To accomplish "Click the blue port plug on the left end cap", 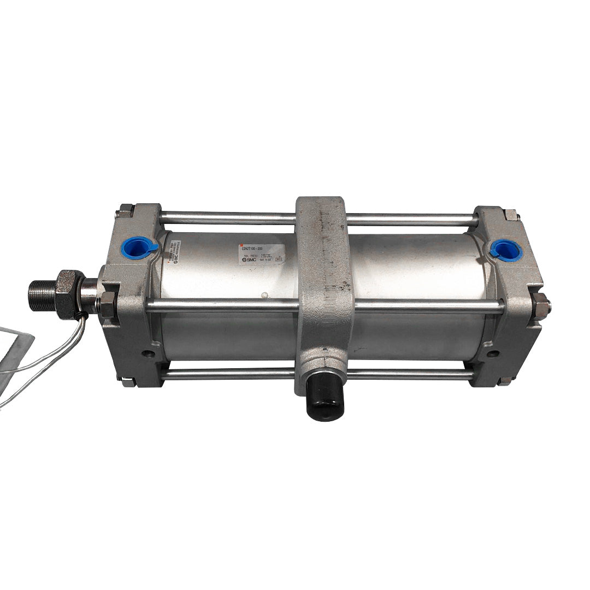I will click(x=138, y=247).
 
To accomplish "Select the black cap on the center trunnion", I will click(x=324, y=397).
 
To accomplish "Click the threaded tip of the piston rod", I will click(x=40, y=296).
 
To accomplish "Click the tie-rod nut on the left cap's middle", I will click(x=108, y=304).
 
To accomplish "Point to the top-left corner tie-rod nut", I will click(x=126, y=211).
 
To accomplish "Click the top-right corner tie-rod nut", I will click(x=511, y=214).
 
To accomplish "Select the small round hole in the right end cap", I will click(x=493, y=353).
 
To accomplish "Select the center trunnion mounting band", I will click(x=324, y=284).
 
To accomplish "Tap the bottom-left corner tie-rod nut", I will click(x=128, y=382).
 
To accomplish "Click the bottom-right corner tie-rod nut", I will click(x=505, y=381).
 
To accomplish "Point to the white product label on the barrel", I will click(x=261, y=254).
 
